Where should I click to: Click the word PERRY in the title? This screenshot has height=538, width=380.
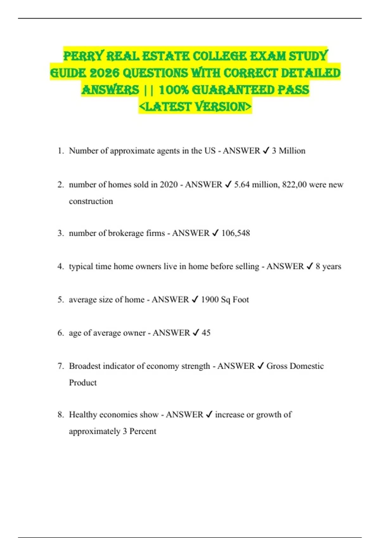tap(83, 56)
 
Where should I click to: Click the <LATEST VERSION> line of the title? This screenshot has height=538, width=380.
tap(195, 107)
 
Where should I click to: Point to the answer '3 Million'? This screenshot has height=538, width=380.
tap(288, 151)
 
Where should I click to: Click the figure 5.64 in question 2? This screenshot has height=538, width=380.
tap(242, 185)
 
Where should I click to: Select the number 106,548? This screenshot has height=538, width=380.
tap(236, 233)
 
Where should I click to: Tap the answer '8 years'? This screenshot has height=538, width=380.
tap(328, 266)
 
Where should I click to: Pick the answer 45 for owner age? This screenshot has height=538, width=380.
tap(206, 333)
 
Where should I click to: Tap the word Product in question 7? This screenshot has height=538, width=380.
tap(83, 383)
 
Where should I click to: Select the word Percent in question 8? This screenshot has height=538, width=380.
tap(143, 431)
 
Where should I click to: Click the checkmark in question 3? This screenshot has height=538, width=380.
tap(215, 233)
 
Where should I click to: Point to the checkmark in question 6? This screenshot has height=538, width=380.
tap(196, 333)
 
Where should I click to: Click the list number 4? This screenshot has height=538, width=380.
tap(60, 266)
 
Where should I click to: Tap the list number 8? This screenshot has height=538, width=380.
tap(60, 415)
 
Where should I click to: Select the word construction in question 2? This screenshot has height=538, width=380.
tap(91, 201)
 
